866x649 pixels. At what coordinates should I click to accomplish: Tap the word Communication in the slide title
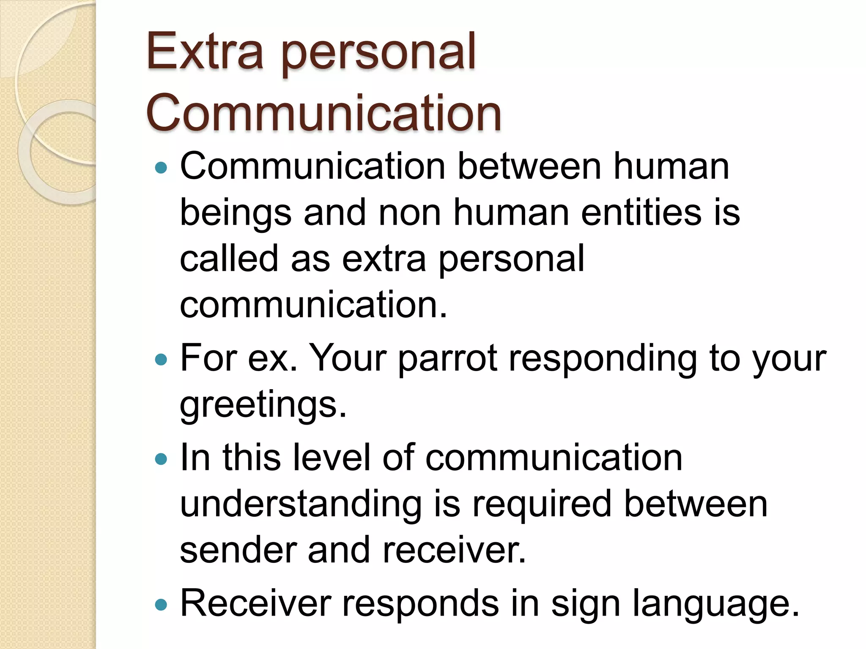point(323,113)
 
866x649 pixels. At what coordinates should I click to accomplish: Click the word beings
point(236,213)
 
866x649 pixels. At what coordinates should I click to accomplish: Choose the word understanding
point(301,504)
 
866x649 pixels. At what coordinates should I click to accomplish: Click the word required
point(542,504)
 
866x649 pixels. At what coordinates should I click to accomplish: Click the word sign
point(585,604)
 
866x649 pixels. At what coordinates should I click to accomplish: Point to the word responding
point(603,359)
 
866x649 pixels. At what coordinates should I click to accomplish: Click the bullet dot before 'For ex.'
point(161,360)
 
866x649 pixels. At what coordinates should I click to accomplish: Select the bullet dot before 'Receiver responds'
point(161,605)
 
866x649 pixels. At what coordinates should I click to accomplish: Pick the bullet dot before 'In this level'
point(161,459)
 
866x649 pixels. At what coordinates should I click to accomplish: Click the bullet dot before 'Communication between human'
point(161,168)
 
